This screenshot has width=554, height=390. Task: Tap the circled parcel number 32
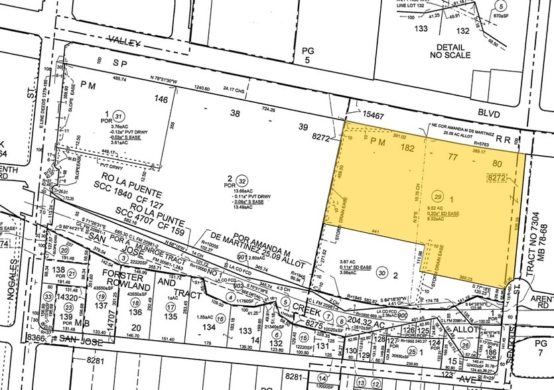pyautogui.click(x=243, y=180)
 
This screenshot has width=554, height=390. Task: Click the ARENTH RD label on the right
pyautogui.click(x=543, y=302)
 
